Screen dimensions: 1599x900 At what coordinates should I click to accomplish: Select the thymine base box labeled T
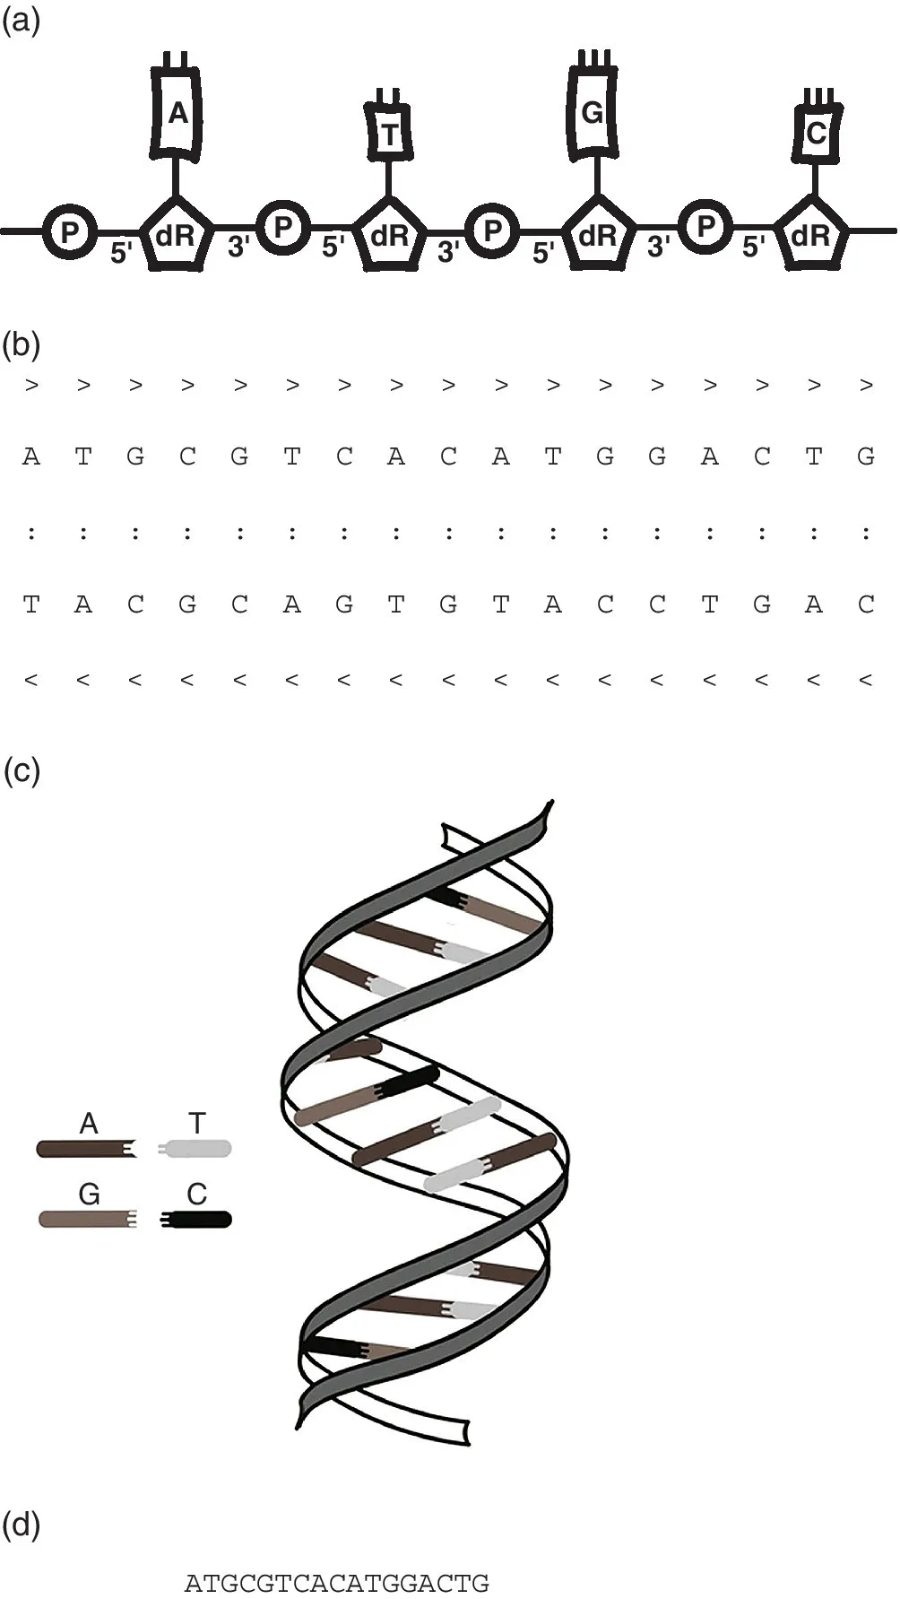coord(388,134)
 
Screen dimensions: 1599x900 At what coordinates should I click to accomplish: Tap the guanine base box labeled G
coord(593,112)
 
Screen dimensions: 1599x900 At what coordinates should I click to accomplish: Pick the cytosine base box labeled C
coord(815,133)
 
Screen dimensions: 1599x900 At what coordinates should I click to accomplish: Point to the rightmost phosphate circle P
coord(705,227)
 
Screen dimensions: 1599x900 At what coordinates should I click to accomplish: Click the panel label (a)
coord(22,22)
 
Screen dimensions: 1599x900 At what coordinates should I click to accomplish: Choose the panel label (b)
coord(22,344)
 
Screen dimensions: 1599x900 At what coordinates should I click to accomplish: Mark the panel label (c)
coord(22,770)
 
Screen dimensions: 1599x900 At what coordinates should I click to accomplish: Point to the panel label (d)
coord(22,1524)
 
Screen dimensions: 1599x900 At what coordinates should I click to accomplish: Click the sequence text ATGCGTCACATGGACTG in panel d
coord(337,1583)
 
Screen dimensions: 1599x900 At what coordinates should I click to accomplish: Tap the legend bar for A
coord(86,1149)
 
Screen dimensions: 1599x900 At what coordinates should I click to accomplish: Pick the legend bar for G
coord(86,1219)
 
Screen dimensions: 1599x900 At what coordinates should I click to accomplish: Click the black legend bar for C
coord(197,1219)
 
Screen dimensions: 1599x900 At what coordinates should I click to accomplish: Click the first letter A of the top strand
coord(31,457)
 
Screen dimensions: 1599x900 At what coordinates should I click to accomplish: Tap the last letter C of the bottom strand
coord(865,604)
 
